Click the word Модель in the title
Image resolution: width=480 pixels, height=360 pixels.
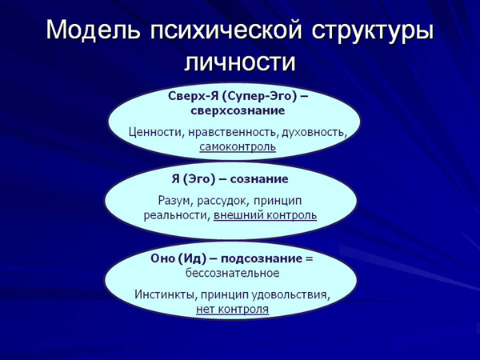[94, 30]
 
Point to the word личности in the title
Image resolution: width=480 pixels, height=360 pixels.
[240, 62]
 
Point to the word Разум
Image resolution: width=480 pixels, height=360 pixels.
[176, 199]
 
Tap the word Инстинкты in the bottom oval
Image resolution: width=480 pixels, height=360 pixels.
[162, 294]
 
